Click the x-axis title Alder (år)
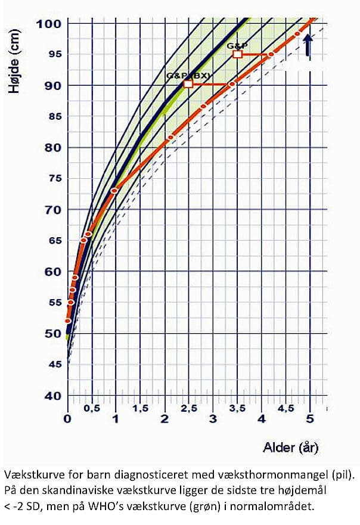pyautogui.click(x=289, y=447)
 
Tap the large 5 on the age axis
pyautogui.click(x=309, y=419)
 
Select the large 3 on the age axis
pyautogui.click(x=213, y=419)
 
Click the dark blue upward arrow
pyautogui.click(x=308, y=45)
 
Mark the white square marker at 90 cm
pyautogui.click(x=188, y=84)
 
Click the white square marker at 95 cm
pyautogui.click(x=237, y=54)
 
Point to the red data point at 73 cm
pyautogui.click(x=114, y=191)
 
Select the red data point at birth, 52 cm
pyautogui.click(x=68, y=321)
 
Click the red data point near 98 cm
pyautogui.click(x=297, y=34)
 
